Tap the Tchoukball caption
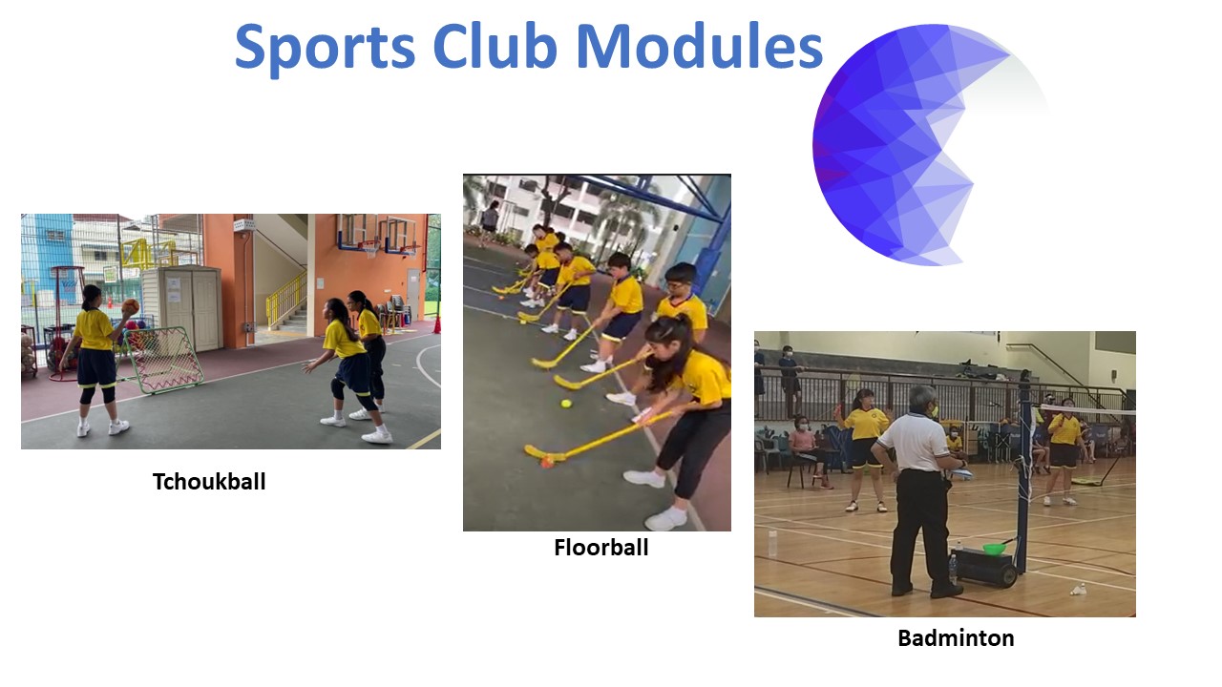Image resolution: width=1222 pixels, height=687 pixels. coord(209,482)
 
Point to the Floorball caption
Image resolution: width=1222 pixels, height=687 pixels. coord(600,548)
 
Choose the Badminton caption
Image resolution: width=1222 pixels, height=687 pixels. coord(956,638)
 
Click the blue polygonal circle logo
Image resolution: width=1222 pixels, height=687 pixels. coord(897,143)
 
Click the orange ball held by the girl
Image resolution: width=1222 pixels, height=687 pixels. coord(131,306)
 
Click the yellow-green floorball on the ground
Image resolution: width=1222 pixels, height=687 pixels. coord(566,405)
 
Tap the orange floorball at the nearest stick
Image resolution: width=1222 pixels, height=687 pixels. coord(546,463)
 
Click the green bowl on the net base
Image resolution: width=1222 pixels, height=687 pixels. coord(995,548)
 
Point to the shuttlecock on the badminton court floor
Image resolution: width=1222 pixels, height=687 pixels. coord(1079,589)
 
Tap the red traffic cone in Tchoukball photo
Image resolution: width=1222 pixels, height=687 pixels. coord(437,323)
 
